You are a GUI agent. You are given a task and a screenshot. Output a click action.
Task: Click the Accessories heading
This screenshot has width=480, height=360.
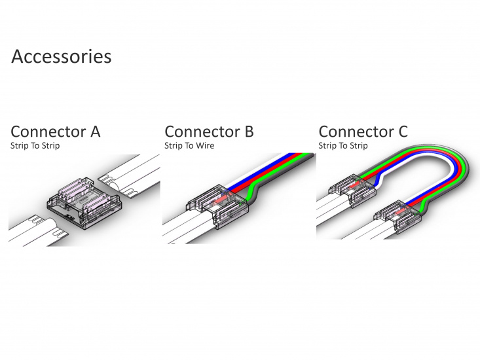62,56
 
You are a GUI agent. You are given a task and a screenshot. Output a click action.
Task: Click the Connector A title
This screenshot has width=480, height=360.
56,132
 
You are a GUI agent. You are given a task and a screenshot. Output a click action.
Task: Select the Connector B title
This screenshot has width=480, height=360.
209,132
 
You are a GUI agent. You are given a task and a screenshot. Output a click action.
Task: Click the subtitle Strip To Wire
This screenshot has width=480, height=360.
189,146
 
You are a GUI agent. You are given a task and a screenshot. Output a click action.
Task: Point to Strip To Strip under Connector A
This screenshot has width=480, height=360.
35,146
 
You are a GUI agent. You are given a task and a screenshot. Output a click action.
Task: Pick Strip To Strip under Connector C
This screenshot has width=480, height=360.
343,146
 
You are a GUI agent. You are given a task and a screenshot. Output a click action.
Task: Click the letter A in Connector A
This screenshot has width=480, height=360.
95,132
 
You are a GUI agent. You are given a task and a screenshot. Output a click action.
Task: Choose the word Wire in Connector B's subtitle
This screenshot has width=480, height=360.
205,146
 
